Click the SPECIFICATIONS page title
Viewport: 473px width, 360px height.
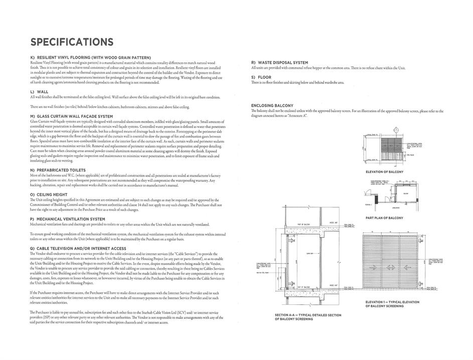pos(72,42)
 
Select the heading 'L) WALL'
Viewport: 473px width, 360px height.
pos(40,92)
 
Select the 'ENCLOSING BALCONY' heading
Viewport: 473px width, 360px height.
pos(272,105)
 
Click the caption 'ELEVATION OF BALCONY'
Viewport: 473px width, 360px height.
pos(385,172)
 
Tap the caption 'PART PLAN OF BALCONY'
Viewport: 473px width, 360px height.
pos(384,218)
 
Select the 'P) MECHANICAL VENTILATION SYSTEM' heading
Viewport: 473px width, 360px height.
pos(68,219)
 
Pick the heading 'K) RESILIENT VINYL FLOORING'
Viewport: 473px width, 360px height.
pos(91,58)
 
